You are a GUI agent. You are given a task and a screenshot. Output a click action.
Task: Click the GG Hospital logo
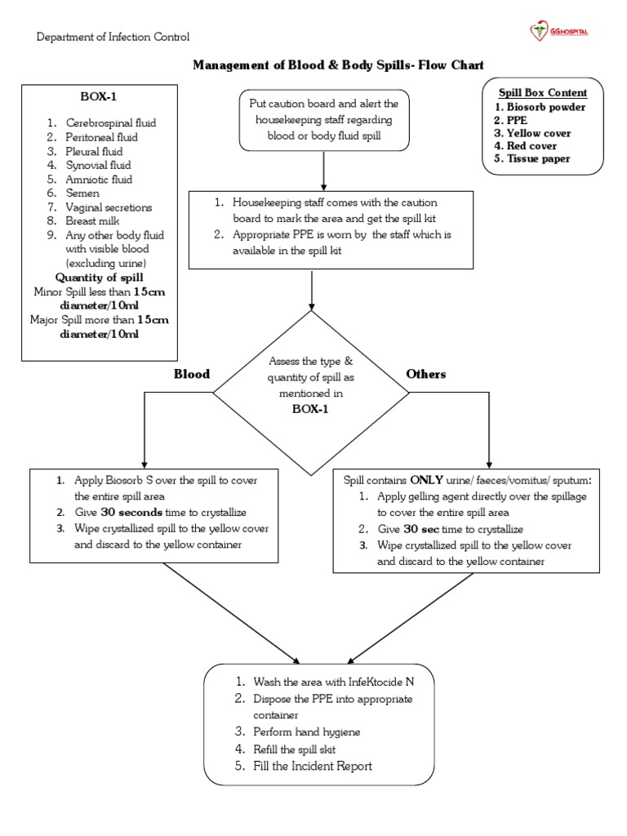pos(559,32)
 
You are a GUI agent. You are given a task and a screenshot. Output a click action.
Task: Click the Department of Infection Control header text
pos(113,37)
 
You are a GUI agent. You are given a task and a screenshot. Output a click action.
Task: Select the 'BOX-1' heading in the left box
pos(100,96)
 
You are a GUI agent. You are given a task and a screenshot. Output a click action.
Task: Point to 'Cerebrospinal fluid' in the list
pos(111,122)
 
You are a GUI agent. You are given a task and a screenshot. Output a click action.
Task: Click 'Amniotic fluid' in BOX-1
pos(100,179)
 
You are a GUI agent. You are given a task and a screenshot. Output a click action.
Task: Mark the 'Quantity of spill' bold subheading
pos(100,277)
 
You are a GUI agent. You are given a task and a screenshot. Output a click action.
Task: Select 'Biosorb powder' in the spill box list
pos(545,107)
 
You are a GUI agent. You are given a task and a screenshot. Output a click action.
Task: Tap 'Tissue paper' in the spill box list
pos(538,159)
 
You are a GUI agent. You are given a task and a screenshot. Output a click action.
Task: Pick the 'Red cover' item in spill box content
pos(531,146)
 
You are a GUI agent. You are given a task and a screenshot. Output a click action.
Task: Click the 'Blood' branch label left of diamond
pos(191,374)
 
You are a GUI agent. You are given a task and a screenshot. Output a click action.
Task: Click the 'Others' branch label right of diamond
pos(425,374)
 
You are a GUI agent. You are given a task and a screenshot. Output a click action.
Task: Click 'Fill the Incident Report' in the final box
pos(313,766)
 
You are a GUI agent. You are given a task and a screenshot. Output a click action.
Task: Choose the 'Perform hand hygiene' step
pos(307,731)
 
